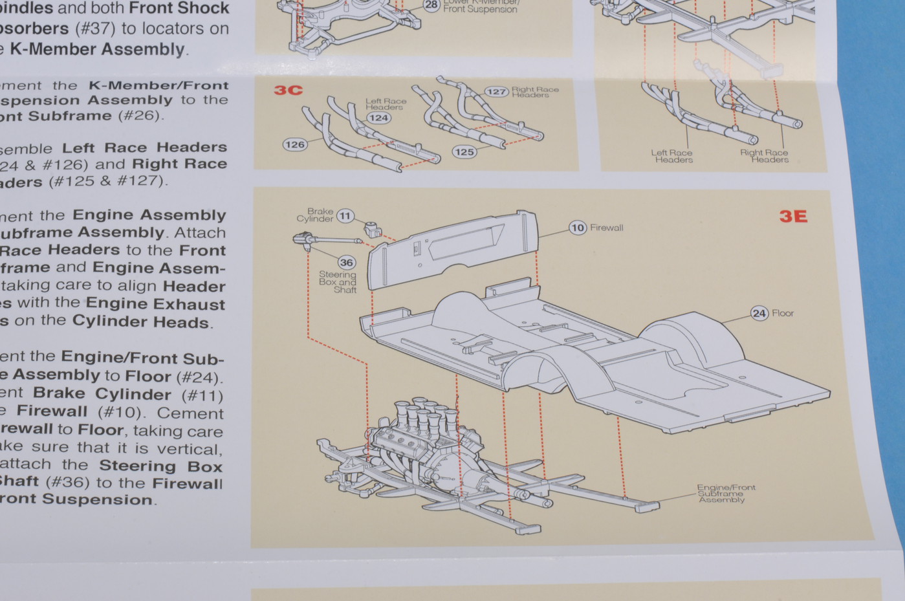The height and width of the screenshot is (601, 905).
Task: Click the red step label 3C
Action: pos(288,90)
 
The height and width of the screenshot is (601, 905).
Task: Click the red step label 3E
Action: pos(793,217)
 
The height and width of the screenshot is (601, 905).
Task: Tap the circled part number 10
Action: pos(577,228)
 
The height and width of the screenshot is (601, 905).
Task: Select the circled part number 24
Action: pos(759,314)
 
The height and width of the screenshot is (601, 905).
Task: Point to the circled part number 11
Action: pos(345,216)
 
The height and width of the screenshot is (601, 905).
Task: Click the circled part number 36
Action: pos(347,262)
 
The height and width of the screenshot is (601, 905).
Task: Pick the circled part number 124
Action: pos(378,118)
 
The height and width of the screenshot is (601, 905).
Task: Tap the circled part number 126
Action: pos(294,144)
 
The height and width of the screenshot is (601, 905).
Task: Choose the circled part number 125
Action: pos(464,152)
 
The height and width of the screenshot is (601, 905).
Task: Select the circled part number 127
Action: pos(496,92)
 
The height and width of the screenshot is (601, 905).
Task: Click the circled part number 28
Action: pos(431,5)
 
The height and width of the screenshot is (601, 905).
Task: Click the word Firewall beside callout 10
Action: pos(606,228)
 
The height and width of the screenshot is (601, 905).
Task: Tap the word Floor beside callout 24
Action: pos(782,314)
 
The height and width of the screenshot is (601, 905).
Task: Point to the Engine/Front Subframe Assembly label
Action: pos(725,494)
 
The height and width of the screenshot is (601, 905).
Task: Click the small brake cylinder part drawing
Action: pos(371,228)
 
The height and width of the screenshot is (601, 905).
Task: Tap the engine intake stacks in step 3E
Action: pos(424,415)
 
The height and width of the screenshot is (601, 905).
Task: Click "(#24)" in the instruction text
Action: pos(199,377)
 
